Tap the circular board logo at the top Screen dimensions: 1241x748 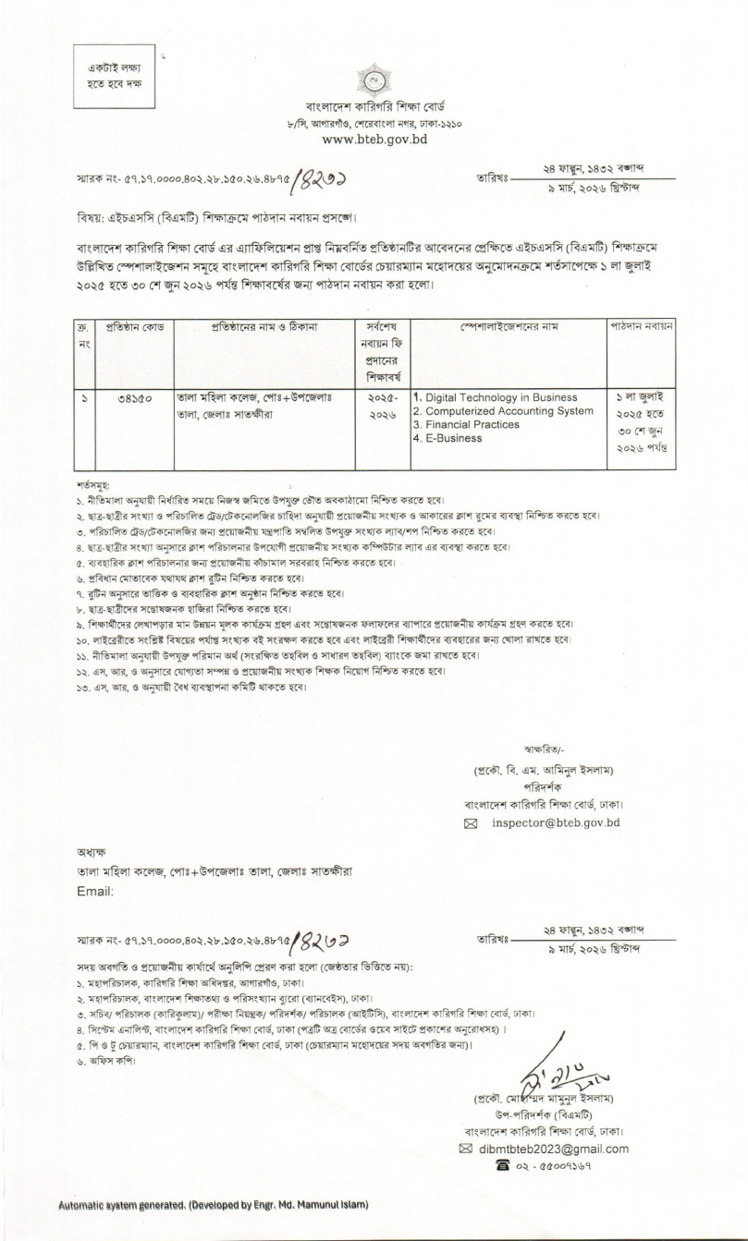pos(374,83)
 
